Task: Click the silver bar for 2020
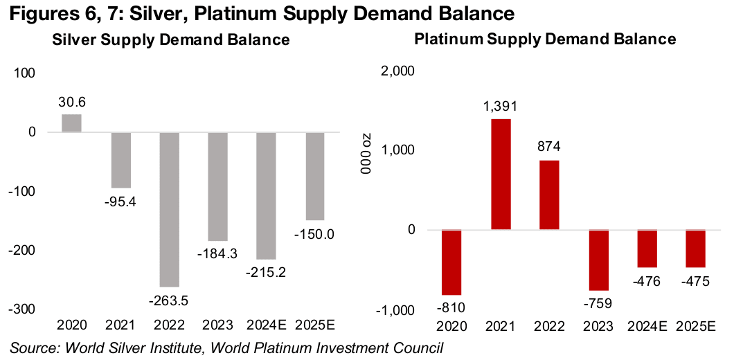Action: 71,123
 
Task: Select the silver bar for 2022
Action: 170,209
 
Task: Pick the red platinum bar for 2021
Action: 501,174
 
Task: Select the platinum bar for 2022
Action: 549,195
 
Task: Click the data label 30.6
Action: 72,102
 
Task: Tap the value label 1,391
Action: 501,107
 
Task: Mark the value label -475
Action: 695,280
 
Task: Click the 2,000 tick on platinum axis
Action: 397,71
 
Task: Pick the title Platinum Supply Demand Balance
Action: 545,39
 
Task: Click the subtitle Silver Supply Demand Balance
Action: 171,40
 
